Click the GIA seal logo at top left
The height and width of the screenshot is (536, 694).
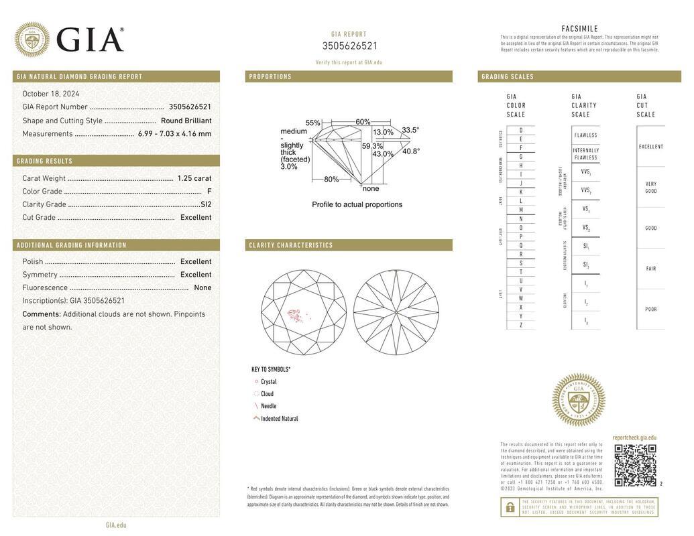32,40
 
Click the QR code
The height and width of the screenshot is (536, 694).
635,465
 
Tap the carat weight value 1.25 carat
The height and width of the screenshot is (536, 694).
194,178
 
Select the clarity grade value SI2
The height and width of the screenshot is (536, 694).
206,204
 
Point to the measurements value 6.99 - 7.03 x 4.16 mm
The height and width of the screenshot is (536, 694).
174,134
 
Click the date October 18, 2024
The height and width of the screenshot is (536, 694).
51,94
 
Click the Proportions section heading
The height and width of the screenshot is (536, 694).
270,77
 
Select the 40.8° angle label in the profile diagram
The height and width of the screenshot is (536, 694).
411,151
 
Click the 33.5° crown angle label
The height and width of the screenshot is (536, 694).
410,131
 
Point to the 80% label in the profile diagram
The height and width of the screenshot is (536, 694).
331,180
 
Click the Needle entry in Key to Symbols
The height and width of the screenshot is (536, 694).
268,406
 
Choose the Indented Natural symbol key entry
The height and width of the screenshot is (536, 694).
279,419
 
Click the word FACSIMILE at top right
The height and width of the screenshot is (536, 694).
579,29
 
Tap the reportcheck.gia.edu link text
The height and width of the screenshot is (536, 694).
634,438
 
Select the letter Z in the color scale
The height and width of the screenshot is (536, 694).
521,325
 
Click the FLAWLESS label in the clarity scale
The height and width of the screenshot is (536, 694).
585,135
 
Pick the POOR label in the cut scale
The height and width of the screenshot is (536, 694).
651,310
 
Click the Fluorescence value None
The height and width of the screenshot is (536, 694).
203,288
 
